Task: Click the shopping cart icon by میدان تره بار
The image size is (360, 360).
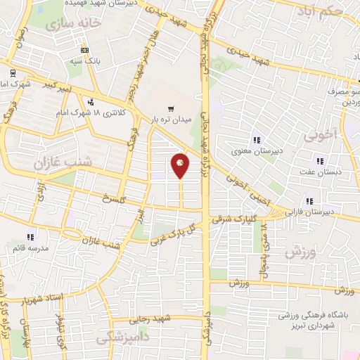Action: coord(171,108)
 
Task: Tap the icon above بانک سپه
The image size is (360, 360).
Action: coord(84,50)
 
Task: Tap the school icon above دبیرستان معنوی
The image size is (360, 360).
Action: coord(257,139)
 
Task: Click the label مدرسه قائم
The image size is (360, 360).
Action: coord(28,248)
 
